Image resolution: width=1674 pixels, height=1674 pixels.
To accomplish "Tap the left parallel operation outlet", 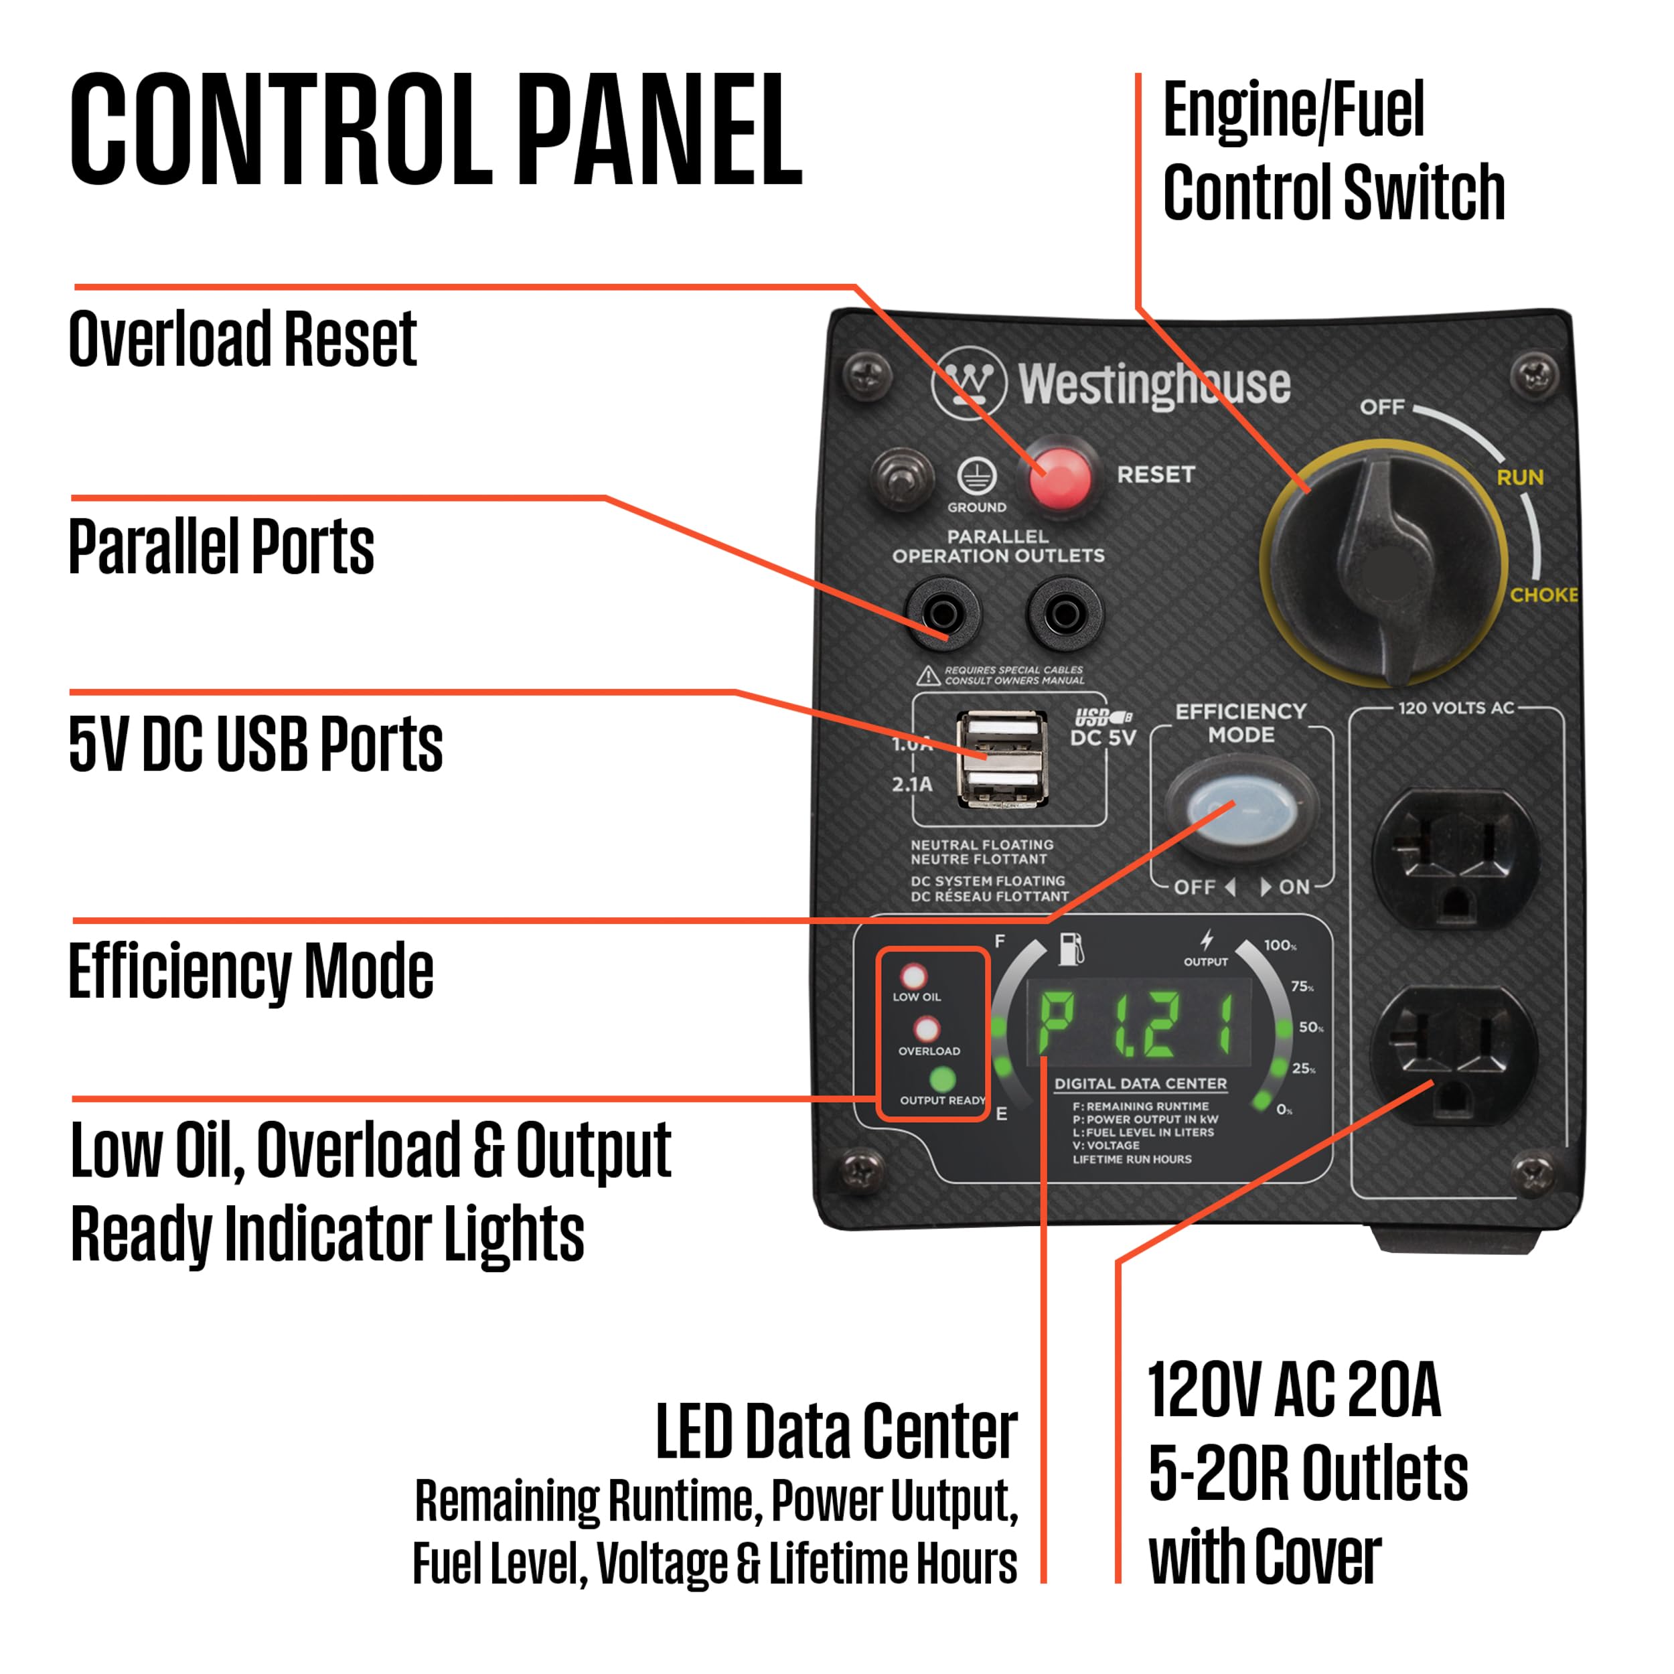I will point(943,614).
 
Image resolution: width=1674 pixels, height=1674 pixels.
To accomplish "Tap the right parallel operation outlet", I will point(1065,614).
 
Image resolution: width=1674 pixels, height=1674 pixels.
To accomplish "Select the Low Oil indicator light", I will point(913,976).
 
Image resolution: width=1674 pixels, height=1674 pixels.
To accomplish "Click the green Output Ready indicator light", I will point(942,1079).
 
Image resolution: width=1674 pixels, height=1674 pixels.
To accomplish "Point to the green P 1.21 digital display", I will point(1138,1024).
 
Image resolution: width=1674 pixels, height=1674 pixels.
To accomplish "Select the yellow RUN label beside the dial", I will point(1520,477).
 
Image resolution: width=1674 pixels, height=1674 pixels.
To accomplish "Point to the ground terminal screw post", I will point(902,477).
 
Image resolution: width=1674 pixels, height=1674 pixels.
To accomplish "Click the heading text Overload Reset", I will point(242,339).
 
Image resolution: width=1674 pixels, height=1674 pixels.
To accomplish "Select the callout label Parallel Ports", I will point(221,547).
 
